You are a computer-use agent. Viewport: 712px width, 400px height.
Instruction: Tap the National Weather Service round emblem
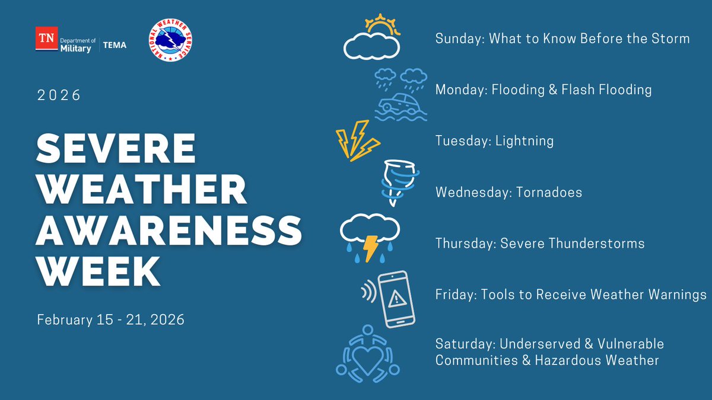coord(170,40)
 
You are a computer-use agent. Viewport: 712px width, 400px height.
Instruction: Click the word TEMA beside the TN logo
coord(115,45)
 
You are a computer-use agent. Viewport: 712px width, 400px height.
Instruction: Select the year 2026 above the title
coord(59,95)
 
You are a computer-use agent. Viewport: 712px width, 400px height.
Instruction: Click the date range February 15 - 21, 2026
coord(110,320)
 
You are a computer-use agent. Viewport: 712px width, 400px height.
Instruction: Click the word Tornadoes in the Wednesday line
coord(545,193)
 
